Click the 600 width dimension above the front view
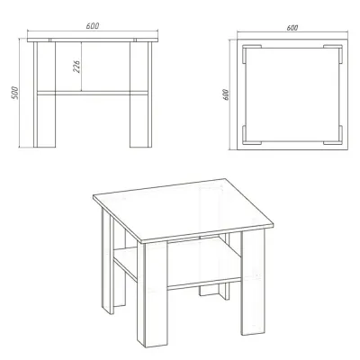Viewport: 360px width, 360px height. [93, 26]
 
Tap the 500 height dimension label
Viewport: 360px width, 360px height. [15, 93]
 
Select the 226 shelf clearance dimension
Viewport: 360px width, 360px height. [76, 67]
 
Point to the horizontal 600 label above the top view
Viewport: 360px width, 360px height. [292, 28]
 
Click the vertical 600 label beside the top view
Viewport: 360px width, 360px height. [226, 94]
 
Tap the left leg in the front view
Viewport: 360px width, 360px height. [44, 94]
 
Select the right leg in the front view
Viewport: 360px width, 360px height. [140, 94]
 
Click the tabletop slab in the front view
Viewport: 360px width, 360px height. [93, 40]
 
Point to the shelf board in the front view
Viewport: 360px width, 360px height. [93, 93]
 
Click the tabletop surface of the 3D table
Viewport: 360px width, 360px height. [183, 210]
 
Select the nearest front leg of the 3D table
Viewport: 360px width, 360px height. [152, 294]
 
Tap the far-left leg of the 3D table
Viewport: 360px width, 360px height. [108, 261]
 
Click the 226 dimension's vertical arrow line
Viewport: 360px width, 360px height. [82, 67]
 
